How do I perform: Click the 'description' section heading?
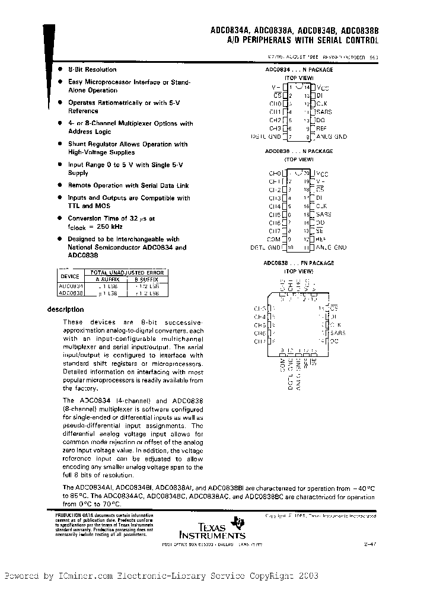coord(65,309)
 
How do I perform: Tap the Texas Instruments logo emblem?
coord(238,522)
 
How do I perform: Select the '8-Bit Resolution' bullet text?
coord(92,69)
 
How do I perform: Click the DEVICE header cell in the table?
coord(70,276)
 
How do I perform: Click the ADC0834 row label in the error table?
coord(70,286)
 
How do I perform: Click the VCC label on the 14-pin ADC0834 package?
coord(322,87)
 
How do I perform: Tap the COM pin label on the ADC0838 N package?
coord(275,239)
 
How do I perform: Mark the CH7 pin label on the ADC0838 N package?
coord(275,231)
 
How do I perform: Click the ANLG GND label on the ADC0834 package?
coord(331,136)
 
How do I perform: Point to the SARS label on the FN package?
coord(338,333)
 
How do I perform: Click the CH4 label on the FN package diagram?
coord(259,317)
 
